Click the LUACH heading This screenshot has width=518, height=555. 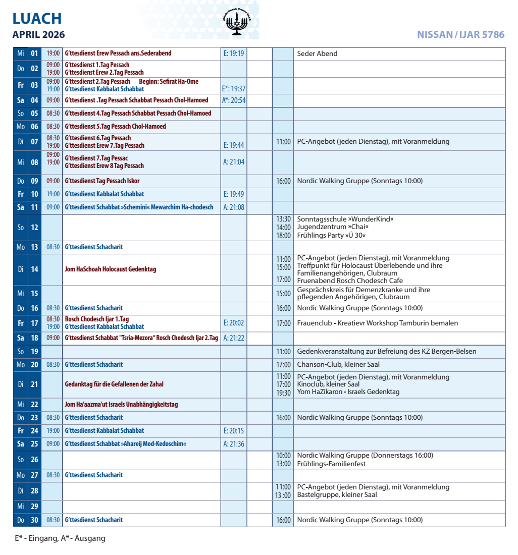pos(37,19)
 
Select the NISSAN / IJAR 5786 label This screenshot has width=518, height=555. pos(460,35)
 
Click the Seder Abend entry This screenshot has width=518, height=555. pos(317,53)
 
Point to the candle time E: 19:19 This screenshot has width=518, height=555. pos(233,53)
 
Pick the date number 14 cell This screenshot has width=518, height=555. pos(34,269)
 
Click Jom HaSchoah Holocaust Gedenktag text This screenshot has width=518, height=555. pos(111,269)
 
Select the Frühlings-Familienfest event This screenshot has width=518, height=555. pos(331,464)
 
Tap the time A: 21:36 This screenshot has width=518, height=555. pos(234,444)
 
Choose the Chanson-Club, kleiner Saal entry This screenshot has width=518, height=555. pos(338,364)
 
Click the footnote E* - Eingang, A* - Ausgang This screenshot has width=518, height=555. pos(60,538)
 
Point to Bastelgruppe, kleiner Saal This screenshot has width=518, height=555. pos(337,495)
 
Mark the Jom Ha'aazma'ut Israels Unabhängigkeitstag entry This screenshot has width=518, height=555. pos(121,405)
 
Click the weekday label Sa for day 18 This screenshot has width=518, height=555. pos(21,338)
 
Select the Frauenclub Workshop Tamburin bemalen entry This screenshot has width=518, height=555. pos(378,323)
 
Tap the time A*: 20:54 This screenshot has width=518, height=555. pos(234,100)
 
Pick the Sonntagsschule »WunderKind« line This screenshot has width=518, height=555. pos(345,219)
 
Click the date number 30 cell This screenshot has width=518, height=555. pos(34,520)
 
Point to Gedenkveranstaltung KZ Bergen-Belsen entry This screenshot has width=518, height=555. pos(386,352)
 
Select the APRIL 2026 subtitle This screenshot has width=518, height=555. pos(39,35)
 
